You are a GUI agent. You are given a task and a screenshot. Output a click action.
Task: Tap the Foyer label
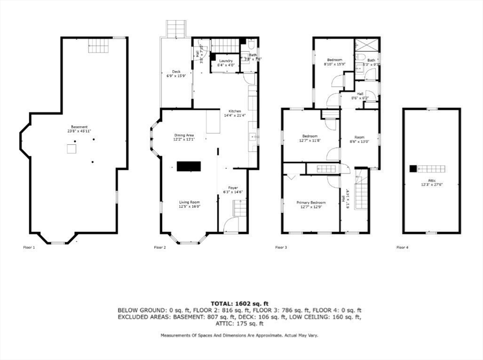coord(233,189)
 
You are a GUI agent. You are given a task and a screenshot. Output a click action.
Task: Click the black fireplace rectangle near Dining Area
coord(189,166)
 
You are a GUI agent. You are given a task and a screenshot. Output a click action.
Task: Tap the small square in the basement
coord(71,149)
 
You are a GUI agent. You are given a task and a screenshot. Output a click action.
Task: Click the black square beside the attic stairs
coord(413,168)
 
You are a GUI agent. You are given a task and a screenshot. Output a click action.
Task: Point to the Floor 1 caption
coord(29,247)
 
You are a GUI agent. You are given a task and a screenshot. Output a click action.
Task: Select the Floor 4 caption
coord(402,247)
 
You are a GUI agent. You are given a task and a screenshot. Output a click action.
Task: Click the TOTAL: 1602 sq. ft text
coord(240,303)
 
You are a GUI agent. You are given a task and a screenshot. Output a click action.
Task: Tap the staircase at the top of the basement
coord(99,45)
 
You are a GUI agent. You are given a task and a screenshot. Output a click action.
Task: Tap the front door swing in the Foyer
coord(232,226)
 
